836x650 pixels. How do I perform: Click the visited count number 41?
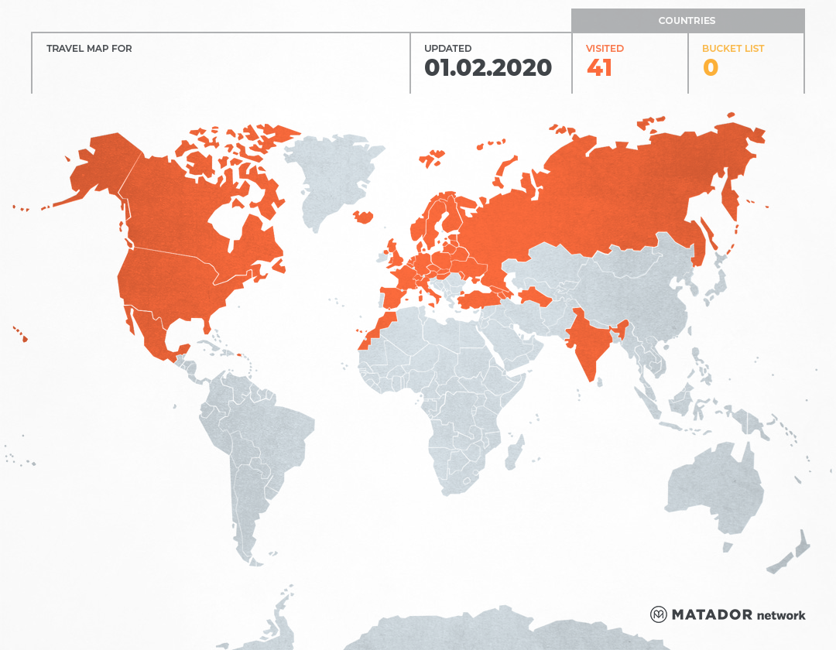click(600, 68)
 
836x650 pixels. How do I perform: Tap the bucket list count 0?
click(710, 68)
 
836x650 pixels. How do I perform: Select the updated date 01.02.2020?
click(488, 68)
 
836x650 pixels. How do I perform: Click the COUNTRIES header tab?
click(687, 21)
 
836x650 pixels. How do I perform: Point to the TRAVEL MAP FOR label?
click(89, 49)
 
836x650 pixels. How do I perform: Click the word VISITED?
click(605, 49)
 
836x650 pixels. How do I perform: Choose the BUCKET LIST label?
click(732, 49)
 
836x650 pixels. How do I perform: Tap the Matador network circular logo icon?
click(659, 614)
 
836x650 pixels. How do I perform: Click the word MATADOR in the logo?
click(711, 614)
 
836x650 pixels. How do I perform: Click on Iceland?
click(362, 217)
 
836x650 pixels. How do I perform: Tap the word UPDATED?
click(447, 49)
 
